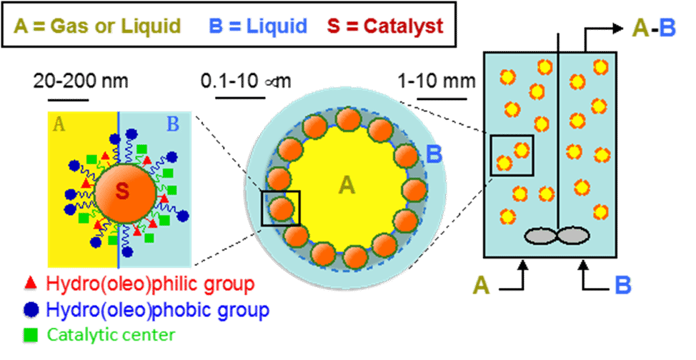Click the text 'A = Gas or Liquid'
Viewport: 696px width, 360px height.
point(97,27)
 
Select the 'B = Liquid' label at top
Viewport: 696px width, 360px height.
point(257,27)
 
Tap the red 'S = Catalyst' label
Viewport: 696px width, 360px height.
point(386,27)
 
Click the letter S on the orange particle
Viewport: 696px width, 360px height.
point(122,191)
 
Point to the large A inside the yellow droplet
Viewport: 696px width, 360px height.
point(347,186)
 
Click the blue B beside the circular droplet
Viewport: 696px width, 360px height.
point(434,154)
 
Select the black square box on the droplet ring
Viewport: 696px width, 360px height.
point(281,208)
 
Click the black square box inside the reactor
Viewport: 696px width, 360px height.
point(512,155)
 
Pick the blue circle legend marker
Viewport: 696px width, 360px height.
point(30,309)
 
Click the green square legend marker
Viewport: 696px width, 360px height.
point(30,334)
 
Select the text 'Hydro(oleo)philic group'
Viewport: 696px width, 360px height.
point(150,284)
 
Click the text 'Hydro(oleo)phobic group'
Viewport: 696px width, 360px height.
point(157,310)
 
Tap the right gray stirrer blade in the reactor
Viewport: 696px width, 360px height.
point(573,236)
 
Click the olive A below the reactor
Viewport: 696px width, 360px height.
point(481,286)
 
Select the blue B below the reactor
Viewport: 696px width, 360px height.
point(622,286)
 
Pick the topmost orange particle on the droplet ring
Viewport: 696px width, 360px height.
point(348,119)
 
